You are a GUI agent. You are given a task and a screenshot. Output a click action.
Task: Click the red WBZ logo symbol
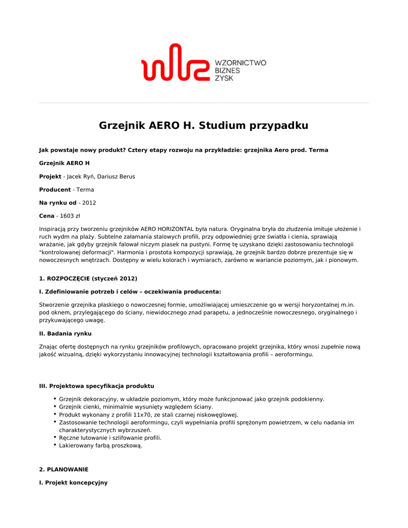(174, 63)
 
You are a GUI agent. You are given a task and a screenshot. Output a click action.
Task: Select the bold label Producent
(55, 190)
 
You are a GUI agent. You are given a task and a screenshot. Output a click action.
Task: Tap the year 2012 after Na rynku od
(89, 203)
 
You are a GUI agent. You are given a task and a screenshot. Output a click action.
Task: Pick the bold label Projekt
(50, 176)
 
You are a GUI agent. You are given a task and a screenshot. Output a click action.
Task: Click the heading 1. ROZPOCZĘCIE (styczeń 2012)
(88, 278)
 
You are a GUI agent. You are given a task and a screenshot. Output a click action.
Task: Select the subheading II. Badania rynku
(65, 334)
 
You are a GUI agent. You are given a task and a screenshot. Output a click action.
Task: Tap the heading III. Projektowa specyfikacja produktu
(96, 386)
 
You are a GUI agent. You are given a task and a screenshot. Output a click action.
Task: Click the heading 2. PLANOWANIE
(63, 469)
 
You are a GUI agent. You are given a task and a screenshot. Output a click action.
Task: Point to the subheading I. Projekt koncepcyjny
(73, 482)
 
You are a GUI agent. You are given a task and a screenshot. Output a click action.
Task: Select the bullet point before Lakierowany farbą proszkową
(55, 444)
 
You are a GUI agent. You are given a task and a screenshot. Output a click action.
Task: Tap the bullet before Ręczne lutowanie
(55, 437)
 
